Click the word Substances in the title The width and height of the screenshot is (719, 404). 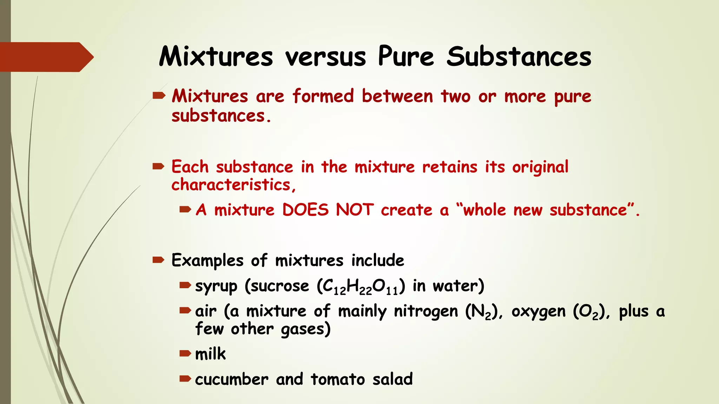pyautogui.click(x=519, y=56)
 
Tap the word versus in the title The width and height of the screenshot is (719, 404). pyautogui.click(x=325, y=57)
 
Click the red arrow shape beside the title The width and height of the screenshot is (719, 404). pyautogui.click(x=46, y=57)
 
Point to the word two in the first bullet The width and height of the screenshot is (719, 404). pyautogui.click(x=455, y=96)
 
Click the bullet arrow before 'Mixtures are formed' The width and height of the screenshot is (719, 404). pyautogui.click(x=159, y=95)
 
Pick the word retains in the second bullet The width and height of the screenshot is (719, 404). pyautogui.click(x=450, y=167)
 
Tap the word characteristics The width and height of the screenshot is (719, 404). pyautogui.click(x=231, y=185)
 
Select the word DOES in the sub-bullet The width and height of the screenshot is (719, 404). pyautogui.click(x=305, y=210)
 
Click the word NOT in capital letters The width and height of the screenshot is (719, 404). pyautogui.click(x=355, y=210)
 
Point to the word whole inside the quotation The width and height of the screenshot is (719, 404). pyautogui.click(x=484, y=210)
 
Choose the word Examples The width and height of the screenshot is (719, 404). pyautogui.click(x=207, y=261)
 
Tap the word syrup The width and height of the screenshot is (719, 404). pyautogui.click(x=216, y=287)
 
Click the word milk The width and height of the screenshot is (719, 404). pyautogui.click(x=210, y=354)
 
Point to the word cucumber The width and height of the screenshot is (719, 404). pyautogui.click(x=231, y=379)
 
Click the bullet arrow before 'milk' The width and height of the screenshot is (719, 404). pyautogui.click(x=185, y=353)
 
